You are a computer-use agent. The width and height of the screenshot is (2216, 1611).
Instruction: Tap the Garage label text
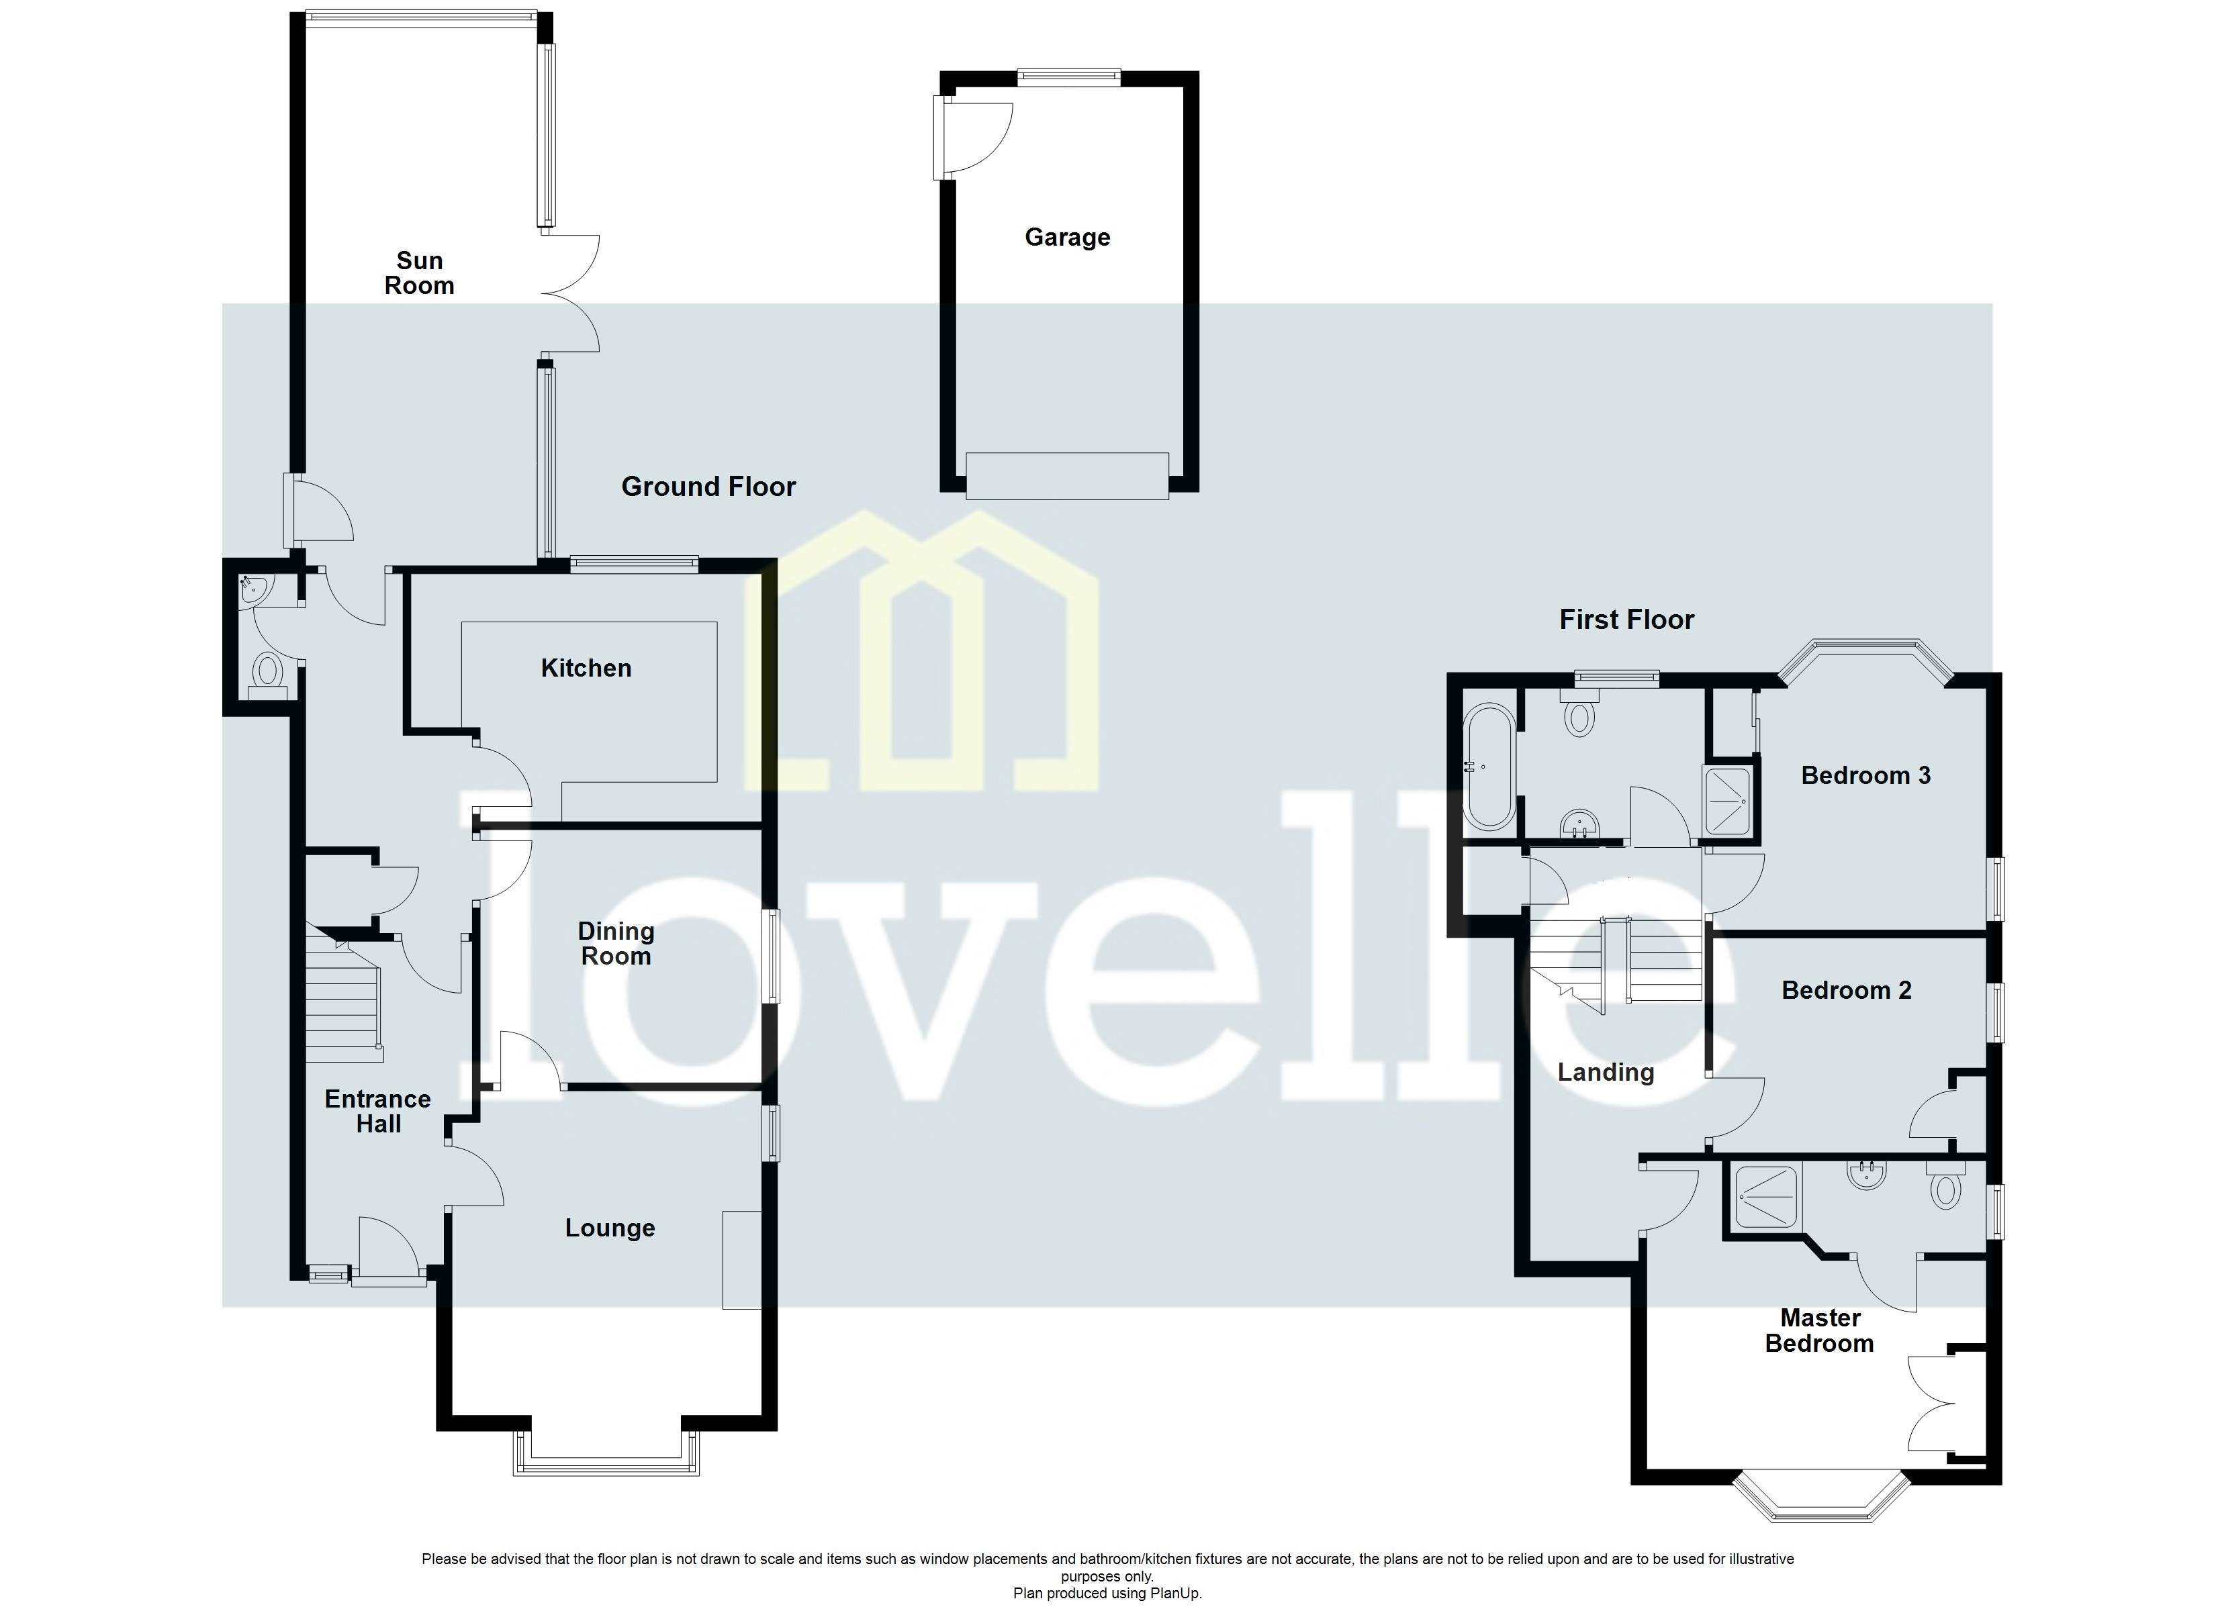[x=1067, y=238]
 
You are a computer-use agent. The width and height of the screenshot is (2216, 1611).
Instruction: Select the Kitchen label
[x=586, y=669]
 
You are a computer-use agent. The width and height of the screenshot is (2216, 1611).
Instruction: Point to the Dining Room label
[x=616, y=944]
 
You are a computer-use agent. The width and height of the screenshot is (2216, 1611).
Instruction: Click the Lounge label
[x=610, y=1228]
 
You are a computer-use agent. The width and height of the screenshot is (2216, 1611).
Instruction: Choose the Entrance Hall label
[x=378, y=1112]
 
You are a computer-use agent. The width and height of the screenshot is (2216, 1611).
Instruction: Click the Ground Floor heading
[x=708, y=487]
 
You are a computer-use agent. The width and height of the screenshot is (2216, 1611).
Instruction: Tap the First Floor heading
[x=1626, y=620]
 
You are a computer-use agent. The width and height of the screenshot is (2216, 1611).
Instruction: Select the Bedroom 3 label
[x=1865, y=776]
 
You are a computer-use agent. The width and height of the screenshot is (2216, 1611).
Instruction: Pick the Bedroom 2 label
[x=1846, y=991]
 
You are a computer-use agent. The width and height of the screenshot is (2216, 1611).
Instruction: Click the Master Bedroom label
[x=1819, y=1330]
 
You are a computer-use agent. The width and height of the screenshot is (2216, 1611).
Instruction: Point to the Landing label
[x=1606, y=1073]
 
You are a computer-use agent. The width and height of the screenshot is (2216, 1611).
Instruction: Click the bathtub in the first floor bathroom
[x=1488, y=767]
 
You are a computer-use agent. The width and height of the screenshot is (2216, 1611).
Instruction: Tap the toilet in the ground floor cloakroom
[x=267, y=673]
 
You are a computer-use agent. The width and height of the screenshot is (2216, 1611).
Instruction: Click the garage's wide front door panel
[x=1067, y=476]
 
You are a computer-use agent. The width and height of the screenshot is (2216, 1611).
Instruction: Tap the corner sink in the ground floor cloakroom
[x=253, y=588]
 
